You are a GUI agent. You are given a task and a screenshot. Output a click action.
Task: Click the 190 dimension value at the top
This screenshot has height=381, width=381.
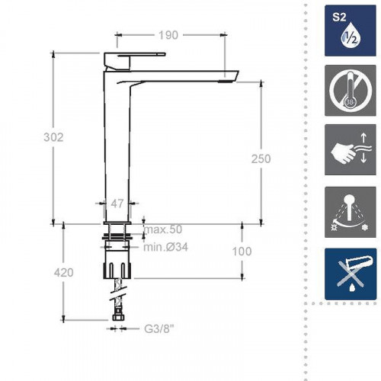168,35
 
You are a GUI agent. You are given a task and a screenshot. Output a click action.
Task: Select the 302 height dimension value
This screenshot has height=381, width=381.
53,137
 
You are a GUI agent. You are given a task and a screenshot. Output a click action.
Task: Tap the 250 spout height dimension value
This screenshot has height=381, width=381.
261,159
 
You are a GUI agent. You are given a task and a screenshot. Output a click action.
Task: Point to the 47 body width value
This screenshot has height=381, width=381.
117,203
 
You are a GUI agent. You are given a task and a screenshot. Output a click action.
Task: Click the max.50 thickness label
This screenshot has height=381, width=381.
163,229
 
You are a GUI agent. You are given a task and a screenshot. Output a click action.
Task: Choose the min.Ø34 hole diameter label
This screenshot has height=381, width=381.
165,247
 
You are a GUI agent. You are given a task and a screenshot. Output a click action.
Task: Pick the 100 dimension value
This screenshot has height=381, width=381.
242,251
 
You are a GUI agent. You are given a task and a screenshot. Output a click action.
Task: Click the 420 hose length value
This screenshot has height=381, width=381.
63,273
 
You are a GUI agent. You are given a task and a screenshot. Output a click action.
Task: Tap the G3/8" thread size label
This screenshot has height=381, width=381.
159,329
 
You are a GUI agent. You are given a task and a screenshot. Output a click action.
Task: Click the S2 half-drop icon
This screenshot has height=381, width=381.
351,30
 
